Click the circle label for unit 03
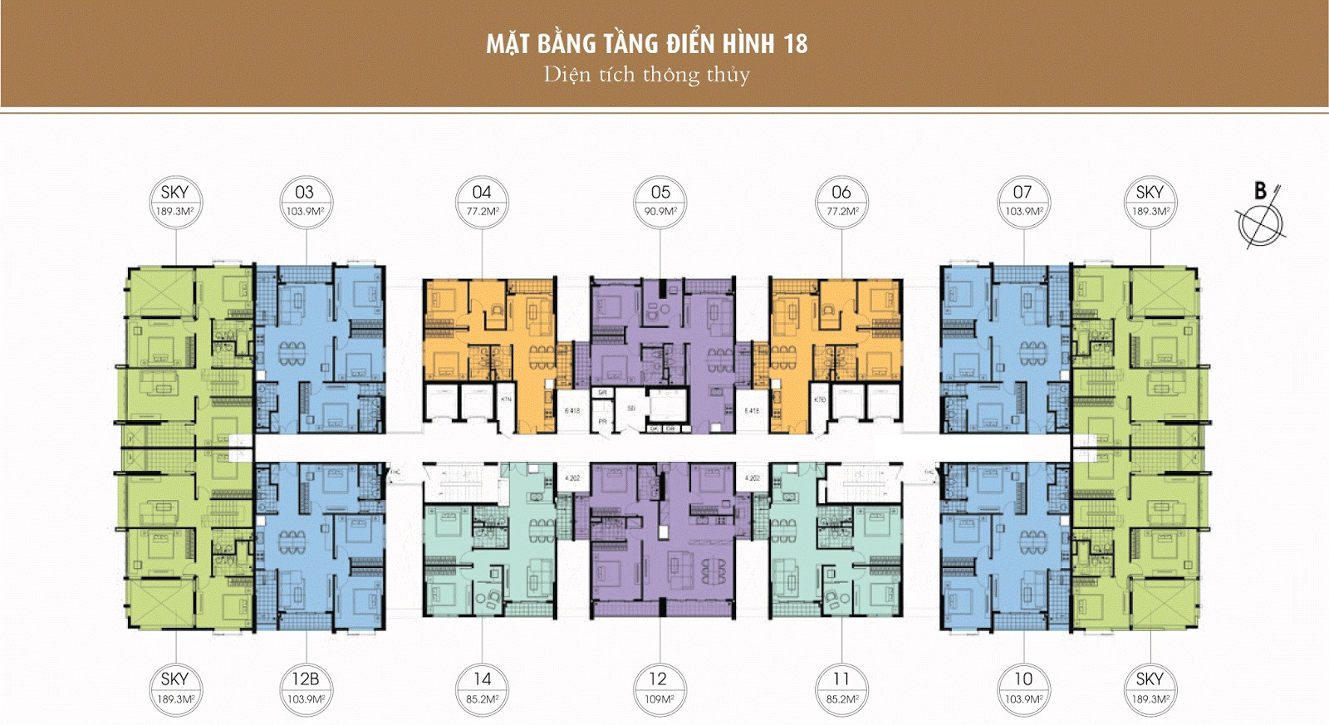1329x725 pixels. (x=305, y=201)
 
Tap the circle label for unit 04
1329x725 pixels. (x=482, y=201)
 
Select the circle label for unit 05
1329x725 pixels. (x=660, y=201)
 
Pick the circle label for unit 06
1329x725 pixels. (x=841, y=201)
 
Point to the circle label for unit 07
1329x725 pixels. (x=1022, y=201)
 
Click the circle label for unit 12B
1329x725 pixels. (x=305, y=688)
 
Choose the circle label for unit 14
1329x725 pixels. (x=482, y=688)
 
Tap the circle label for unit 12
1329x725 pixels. (x=659, y=688)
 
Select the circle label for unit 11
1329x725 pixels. (x=841, y=688)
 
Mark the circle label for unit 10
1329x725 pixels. (x=1023, y=688)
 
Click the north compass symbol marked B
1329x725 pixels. (x=1261, y=218)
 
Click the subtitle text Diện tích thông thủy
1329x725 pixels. (x=646, y=75)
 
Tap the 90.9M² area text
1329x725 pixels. (x=660, y=212)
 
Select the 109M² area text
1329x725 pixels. (x=659, y=699)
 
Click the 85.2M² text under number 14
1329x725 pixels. (x=482, y=699)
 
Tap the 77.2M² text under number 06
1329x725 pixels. (x=841, y=212)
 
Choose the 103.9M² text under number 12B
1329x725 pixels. (x=305, y=699)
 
